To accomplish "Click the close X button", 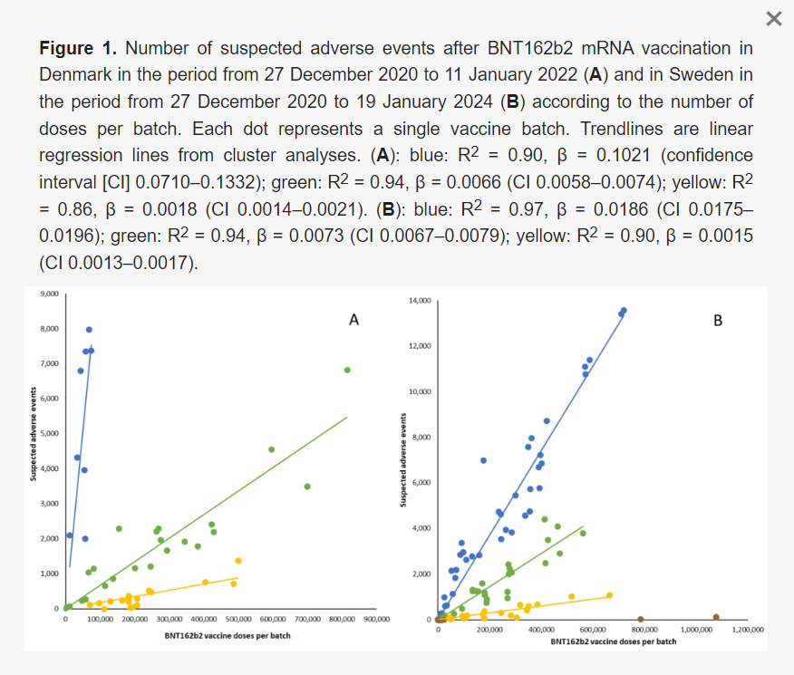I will (x=773, y=19).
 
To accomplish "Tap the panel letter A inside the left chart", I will (x=354, y=320).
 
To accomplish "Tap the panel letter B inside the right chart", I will (x=718, y=320).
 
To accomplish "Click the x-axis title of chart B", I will (x=613, y=641).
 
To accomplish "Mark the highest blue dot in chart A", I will (x=89, y=330).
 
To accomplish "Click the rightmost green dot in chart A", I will (x=347, y=370).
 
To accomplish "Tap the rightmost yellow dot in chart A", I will (x=238, y=560).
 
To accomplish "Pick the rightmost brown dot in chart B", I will (x=716, y=617).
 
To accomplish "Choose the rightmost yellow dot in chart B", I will (x=609, y=595).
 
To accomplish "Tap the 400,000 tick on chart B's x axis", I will (x=541, y=629).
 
